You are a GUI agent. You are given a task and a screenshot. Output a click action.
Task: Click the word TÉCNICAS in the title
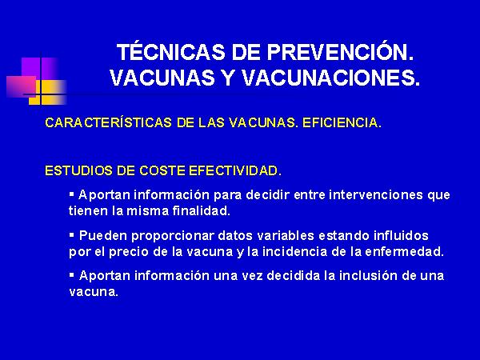171,52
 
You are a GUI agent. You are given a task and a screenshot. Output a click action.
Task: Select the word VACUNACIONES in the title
330,78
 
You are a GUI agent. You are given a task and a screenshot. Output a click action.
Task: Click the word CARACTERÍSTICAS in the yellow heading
108,122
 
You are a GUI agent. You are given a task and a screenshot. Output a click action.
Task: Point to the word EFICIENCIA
342,122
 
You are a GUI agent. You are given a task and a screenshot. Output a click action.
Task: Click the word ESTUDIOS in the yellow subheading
78,170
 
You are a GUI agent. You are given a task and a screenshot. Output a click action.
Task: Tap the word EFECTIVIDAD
234,170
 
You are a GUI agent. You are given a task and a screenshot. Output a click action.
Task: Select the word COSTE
162,170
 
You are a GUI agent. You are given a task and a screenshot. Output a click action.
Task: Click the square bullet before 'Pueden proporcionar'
72,235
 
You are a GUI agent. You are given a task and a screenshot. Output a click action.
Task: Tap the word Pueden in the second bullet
103,236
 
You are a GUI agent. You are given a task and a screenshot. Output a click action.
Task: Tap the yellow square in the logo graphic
48,93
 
